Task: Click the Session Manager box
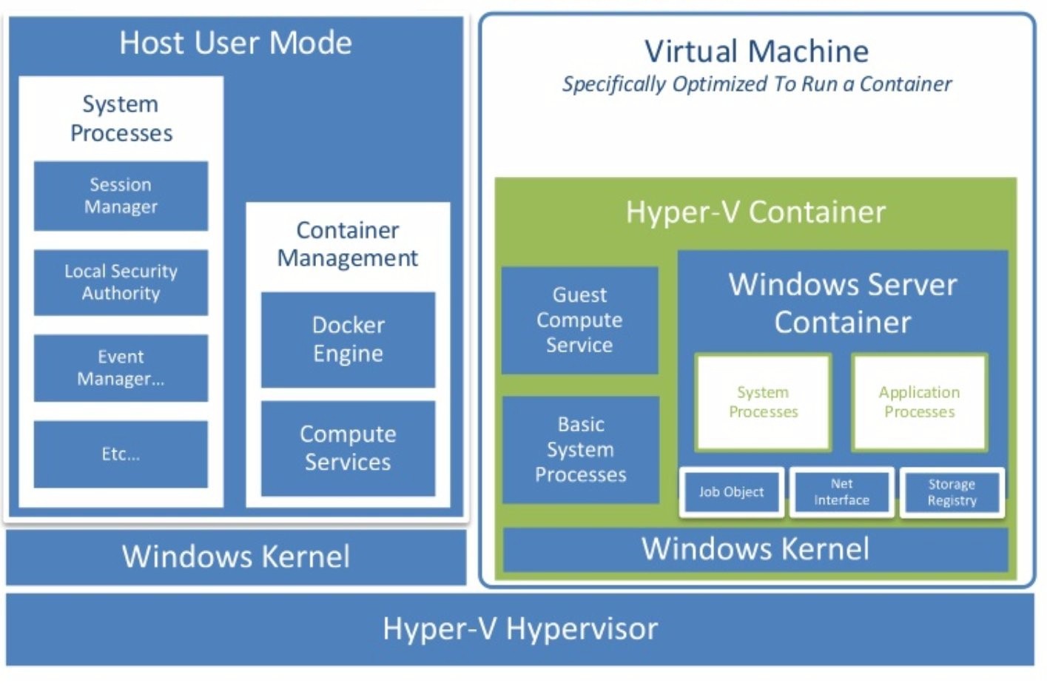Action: click(x=121, y=195)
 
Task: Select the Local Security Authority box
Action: click(x=121, y=282)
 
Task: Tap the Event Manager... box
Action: click(x=121, y=368)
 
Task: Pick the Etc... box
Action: click(x=121, y=454)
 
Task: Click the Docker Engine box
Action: click(x=348, y=340)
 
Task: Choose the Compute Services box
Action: click(x=348, y=448)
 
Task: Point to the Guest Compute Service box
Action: click(x=579, y=320)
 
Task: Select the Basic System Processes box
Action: click(x=581, y=449)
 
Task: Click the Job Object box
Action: click(x=731, y=492)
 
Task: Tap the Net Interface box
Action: click(x=841, y=492)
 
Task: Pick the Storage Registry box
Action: click(x=952, y=493)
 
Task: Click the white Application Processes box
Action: click(x=919, y=402)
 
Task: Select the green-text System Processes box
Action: click(x=763, y=402)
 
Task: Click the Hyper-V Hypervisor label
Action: click(x=519, y=629)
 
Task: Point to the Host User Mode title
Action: click(x=235, y=43)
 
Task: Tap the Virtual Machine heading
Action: click(x=756, y=52)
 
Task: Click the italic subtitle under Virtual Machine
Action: click(x=756, y=84)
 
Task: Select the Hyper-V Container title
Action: click(x=755, y=212)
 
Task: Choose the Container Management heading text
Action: click(x=348, y=244)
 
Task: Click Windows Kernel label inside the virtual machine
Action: click(x=755, y=549)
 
